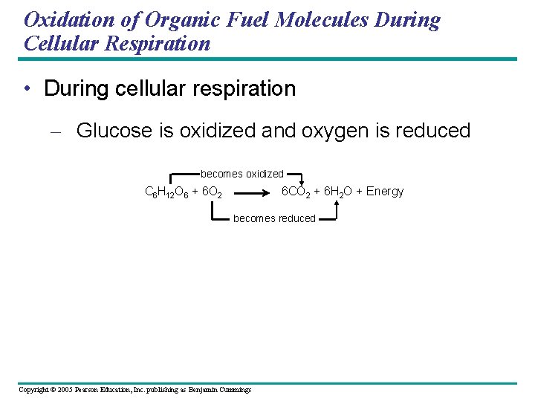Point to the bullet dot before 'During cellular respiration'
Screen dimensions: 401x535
pos(27,89)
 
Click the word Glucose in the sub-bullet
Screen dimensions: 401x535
pos(115,131)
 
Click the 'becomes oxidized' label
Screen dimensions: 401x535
pos(242,174)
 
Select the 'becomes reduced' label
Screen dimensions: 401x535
pos(274,218)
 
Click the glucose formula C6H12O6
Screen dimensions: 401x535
pos(166,192)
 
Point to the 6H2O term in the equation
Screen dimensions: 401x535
pos(339,192)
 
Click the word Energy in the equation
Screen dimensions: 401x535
pos(385,192)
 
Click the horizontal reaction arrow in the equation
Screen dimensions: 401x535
pos(255,192)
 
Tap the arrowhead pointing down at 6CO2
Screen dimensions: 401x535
pos(302,183)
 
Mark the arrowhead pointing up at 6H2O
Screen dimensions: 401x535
pos(336,202)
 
